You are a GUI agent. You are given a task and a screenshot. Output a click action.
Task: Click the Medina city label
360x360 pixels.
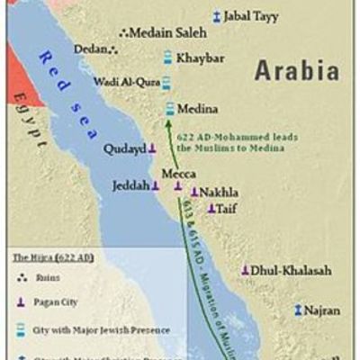coord(198,109)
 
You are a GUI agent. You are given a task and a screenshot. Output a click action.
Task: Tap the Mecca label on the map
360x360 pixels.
coord(177,172)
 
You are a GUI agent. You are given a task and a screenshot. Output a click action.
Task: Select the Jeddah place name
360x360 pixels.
coord(130,185)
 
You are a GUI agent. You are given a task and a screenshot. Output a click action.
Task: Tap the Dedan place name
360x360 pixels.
coord(92,49)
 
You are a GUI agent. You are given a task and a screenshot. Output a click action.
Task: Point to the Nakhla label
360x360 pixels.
coord(220,193)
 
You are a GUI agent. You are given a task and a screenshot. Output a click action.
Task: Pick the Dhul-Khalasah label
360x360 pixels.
coord(292,270)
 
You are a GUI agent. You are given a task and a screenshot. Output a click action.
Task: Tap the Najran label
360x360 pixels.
coord(322,310)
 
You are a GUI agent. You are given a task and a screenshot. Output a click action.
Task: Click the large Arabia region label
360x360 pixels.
coord(296,70)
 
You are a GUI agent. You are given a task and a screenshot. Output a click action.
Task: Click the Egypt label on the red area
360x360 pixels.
coord(27,127)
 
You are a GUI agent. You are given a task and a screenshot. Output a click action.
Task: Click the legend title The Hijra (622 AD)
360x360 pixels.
coord(52,257)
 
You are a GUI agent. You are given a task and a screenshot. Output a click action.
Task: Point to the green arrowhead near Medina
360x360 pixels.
coord(170,122)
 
